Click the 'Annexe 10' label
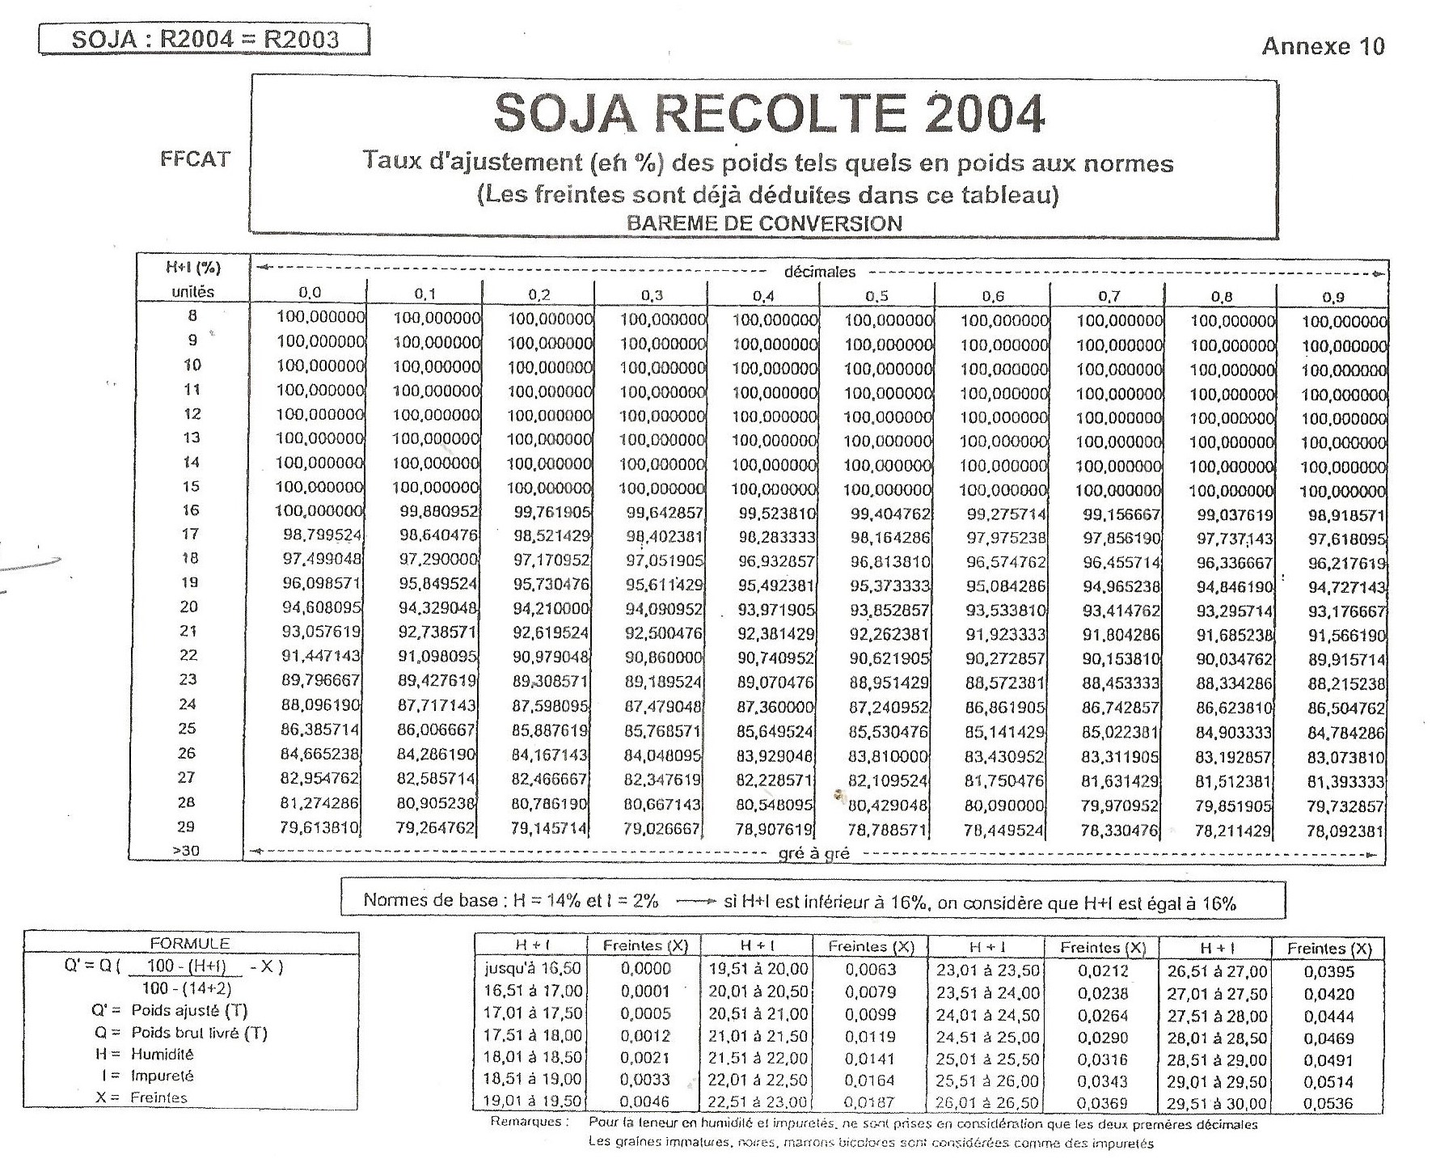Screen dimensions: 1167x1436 (1323, 46)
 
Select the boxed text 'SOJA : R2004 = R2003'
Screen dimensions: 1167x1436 (205, 39)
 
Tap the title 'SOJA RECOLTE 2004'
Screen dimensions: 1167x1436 (769, 114)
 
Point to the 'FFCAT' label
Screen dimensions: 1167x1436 (195, 159)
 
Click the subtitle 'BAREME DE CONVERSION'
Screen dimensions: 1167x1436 (764, 223)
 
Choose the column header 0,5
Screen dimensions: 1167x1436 (876, 296)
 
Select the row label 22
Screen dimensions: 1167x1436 (187, 655)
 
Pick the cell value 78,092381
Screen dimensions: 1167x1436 (1346, 831)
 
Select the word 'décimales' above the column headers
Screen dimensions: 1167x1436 (819, 273)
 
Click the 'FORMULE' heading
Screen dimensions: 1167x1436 (190, 943)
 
